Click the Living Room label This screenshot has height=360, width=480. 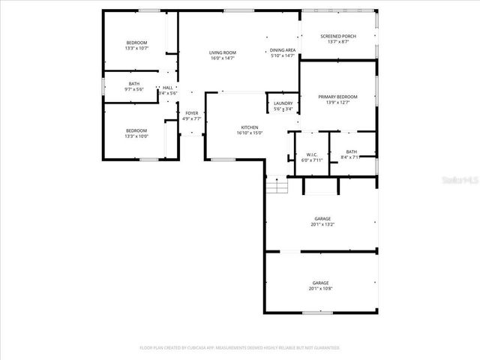pos(223,52)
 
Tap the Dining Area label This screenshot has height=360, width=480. pos(283,50)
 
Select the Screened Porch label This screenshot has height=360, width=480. pos(338,36)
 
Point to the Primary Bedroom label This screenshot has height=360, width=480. pos(337,97)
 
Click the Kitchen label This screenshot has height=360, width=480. pos(250,127)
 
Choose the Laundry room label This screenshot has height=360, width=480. pos(283,103)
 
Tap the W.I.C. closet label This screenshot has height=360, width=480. pos(311,154)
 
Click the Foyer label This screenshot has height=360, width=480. pos(192,113)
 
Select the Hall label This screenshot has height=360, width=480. pos(167,88)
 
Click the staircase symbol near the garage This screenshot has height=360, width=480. pos(277,184)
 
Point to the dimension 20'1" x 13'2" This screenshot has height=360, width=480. pos(322,224)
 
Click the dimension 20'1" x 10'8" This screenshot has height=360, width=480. pos(320,289)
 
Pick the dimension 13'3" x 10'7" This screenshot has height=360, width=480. pos(136,48)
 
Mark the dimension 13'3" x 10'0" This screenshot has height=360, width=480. pos(136,136)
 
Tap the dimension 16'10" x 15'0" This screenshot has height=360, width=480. pos(250,133)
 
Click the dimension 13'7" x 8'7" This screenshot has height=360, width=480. pos(338,42)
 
